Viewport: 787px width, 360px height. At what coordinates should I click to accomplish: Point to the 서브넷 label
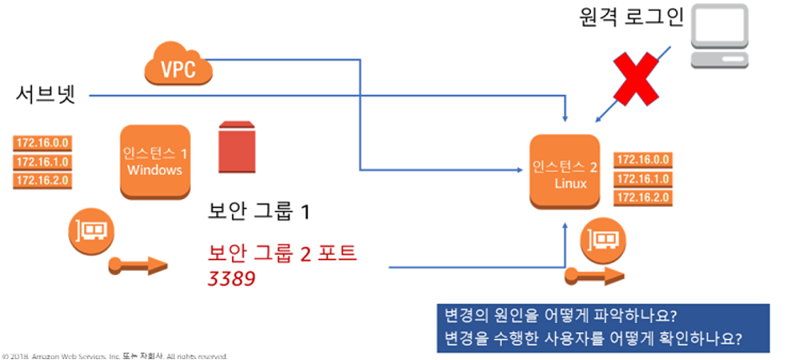tap(45, 94)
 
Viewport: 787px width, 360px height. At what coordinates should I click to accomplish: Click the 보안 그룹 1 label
tap(259, 211)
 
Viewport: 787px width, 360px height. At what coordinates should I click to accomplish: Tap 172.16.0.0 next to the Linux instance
tap(643, 160)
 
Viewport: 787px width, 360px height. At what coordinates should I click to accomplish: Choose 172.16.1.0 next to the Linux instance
tap(643, 179)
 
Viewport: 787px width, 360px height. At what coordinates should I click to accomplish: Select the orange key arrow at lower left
tap(139, 268)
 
